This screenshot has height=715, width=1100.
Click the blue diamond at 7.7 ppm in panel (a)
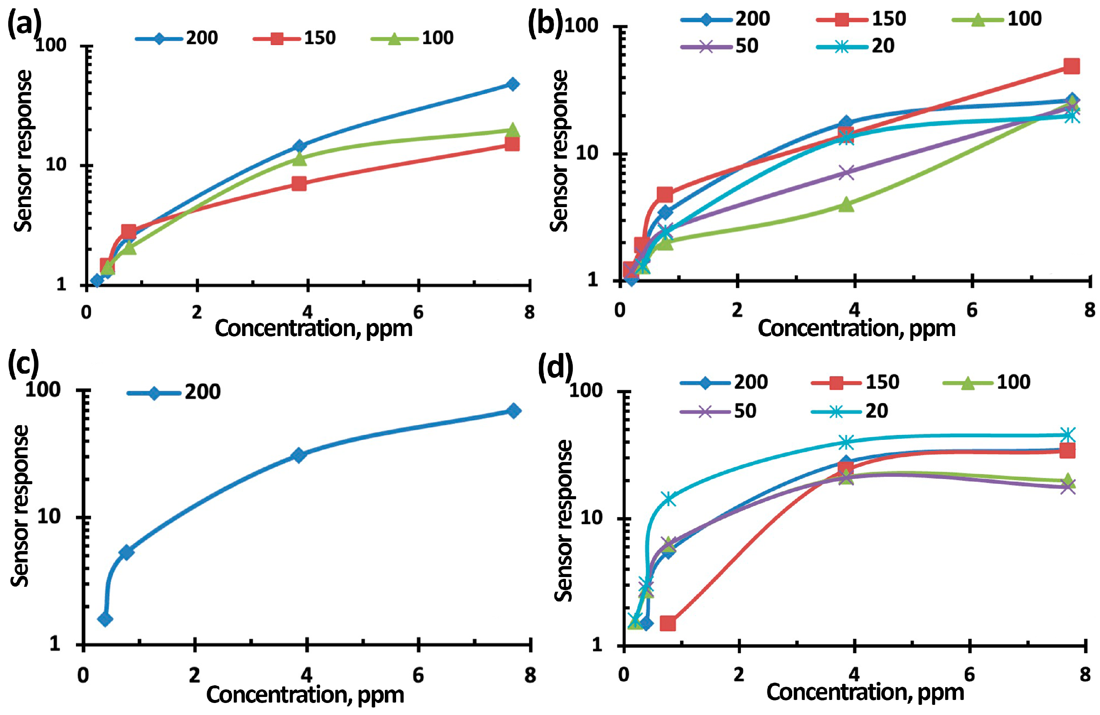512,84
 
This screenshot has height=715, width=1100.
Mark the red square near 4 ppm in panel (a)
299,183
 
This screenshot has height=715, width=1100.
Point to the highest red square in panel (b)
1071,66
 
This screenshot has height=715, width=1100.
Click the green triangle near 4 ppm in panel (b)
846,204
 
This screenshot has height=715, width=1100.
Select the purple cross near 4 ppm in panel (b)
846,173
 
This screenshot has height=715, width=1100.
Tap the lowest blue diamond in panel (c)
105,619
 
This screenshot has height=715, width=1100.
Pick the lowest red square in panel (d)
668,624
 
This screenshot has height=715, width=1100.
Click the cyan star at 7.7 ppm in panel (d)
1067,435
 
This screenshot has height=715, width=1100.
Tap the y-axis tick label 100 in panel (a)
51,45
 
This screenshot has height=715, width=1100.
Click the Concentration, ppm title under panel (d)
865,693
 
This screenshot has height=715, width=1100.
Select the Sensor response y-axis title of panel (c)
21,506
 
